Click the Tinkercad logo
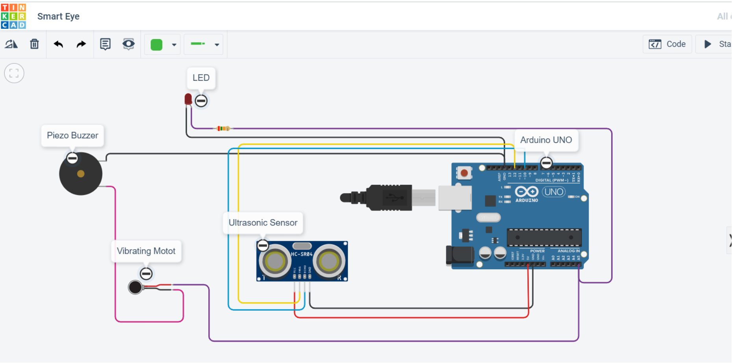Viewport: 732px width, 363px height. pos(13,16)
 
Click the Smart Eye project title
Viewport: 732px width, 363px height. pos(58,16)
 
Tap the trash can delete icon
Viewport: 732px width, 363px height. pos(34,44)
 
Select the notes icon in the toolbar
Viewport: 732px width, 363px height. pos(105,44)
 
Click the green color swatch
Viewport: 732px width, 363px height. pos(156,45)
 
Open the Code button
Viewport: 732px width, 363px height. pos(667,44)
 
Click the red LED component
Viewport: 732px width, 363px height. pos(188,99)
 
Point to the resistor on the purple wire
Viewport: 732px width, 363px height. pos(223,128)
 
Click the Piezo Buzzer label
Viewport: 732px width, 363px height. pos(72,136)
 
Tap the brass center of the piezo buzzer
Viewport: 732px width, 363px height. pos(81,174)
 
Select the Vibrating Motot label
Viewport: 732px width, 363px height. pos(146,251)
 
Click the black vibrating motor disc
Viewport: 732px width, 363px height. pos(135,287)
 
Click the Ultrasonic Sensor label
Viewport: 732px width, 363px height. pos(263,223)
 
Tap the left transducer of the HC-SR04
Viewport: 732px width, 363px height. pos(274,261)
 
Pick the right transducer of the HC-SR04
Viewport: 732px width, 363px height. pos(329,261)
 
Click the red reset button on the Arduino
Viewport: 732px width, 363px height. pos(464,173)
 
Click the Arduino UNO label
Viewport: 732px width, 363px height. pos(546,140)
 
